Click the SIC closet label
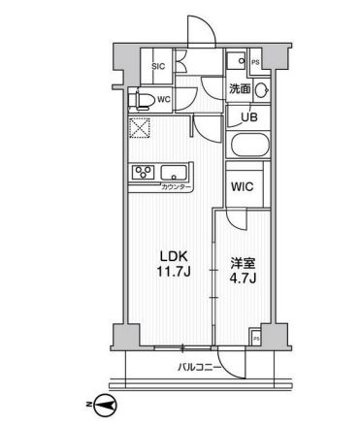coord(158,67)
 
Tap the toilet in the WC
coord(142,100)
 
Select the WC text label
coord(164,100)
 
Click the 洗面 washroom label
coord(240,88)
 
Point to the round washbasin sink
coord(261,89)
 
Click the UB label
coord(250,117)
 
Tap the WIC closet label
coord(243,186)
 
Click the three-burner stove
coord(144,172)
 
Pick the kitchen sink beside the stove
coord(174,173)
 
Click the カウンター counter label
coord(174,186)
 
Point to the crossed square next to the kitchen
coord(140,128)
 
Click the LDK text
coord(174,256)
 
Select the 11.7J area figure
coord(174,272)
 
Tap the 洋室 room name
coord(243,264)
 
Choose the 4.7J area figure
coord(243,279)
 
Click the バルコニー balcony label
coord(200,368)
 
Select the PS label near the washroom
coord(255,63)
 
